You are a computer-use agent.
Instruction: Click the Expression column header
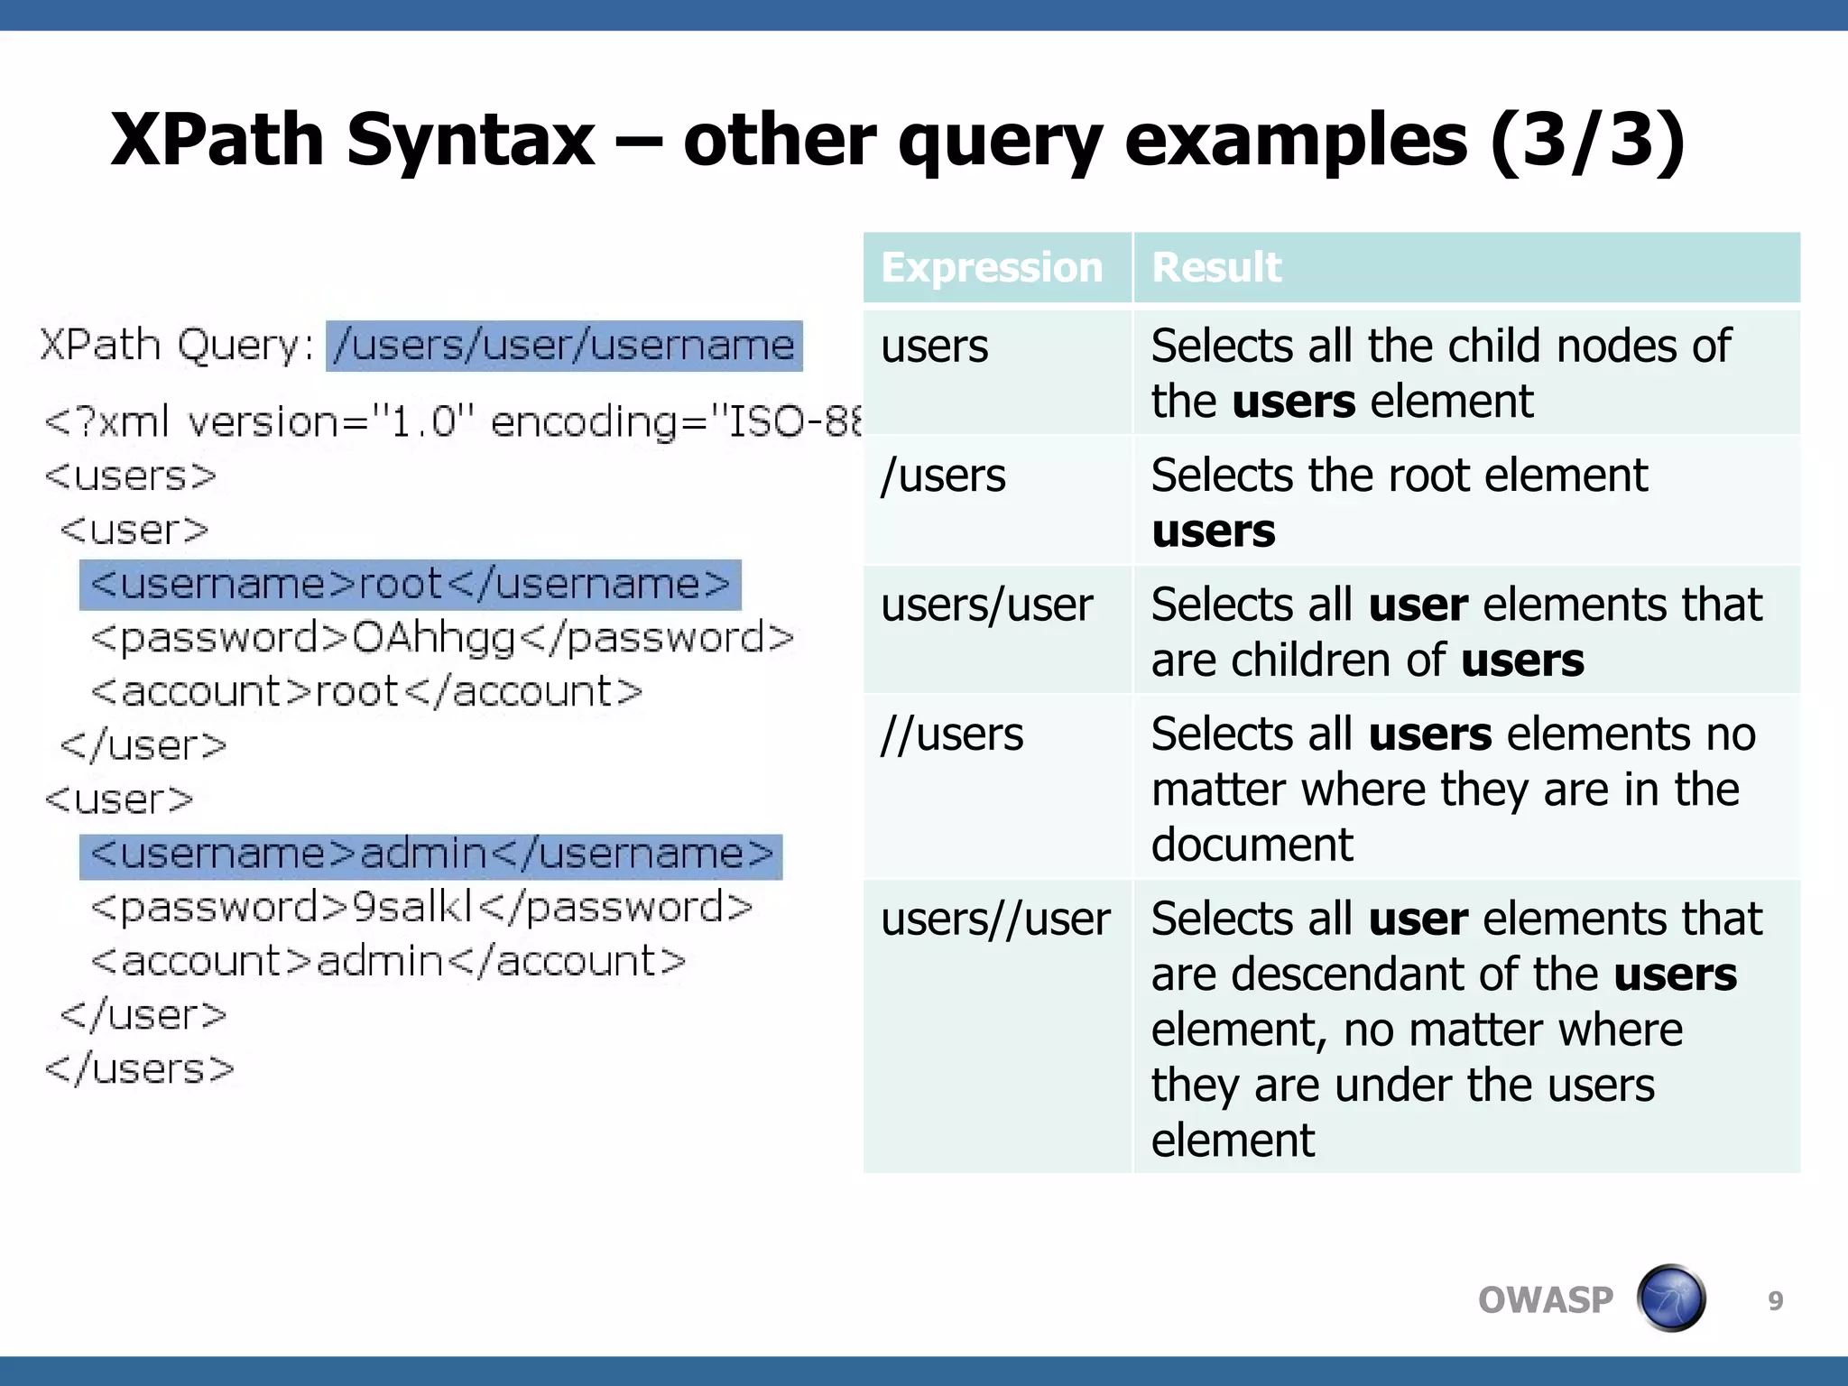click(992, 268)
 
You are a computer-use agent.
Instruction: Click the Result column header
click(1215, 268)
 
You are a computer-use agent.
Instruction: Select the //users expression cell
click(952, 735)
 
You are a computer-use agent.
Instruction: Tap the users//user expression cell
click(995, 919)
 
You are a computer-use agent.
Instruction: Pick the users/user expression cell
click(986, 605)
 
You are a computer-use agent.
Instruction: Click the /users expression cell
click(943, 476)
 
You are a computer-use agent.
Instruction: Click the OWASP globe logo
click(1670, 1298)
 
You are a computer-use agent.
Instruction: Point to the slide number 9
click(1775, 1300)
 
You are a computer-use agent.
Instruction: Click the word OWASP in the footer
click(1545, 1300)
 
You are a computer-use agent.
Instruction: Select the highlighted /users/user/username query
click(564, 346)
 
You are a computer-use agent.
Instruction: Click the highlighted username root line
click(411, 585)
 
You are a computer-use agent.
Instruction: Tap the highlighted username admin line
click(431, 855)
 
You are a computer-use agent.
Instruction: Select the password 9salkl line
click(421, 908)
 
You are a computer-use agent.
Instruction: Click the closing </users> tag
click(140, 1069)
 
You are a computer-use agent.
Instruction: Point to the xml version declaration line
click(451, 422)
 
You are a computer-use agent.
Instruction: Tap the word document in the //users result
click(1252, 845)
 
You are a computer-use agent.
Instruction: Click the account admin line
click(388, 962)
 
